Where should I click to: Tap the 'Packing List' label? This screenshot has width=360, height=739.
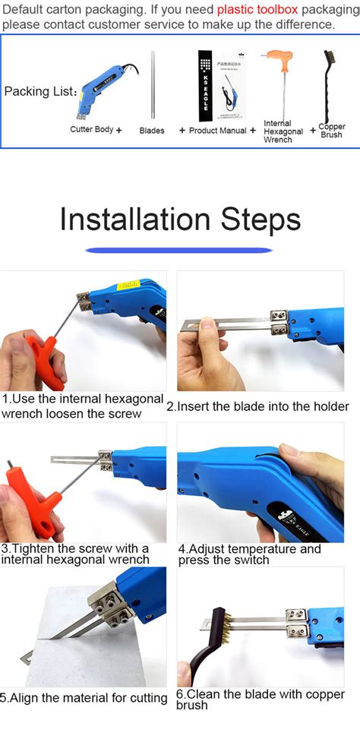pos(40,92)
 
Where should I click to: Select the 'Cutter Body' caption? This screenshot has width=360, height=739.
pos(92,130)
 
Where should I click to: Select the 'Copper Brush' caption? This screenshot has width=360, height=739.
pos(332,131)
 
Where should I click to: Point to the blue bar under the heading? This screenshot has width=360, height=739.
pos(179,250)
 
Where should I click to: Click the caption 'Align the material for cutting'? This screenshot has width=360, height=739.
pos(84,698)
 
